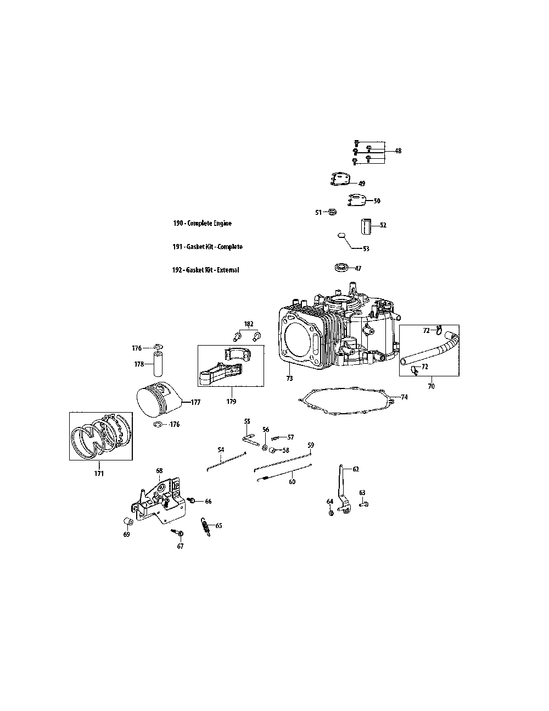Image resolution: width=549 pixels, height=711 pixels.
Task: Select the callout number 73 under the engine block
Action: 289,379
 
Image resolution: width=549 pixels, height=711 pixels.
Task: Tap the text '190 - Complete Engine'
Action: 202,224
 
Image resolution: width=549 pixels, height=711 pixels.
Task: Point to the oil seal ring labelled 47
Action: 342,268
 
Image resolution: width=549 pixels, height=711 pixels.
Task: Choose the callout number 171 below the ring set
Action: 99,474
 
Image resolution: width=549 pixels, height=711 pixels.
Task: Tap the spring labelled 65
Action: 207,528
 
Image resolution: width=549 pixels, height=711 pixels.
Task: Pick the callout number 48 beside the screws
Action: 398,151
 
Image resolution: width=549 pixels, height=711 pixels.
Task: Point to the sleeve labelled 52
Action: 366,226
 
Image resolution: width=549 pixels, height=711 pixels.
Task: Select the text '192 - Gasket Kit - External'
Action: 205,270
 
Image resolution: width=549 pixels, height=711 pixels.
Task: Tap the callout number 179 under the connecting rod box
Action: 231,402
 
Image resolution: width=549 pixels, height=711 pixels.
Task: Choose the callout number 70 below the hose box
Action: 431,386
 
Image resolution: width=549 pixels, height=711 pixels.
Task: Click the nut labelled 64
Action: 331,513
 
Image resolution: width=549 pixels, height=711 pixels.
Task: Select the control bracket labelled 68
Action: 159,497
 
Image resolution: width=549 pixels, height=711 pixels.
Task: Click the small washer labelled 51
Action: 332,212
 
